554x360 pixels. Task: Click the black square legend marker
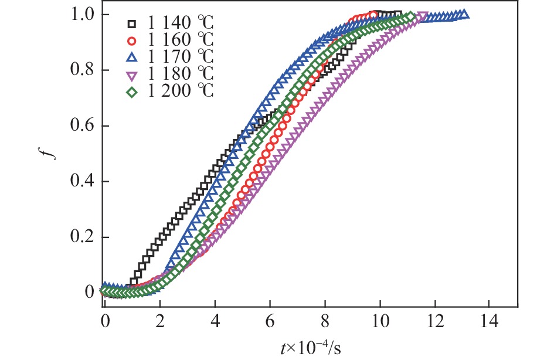click(x=132, y=24)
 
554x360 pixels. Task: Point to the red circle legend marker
click(x=132, y=41)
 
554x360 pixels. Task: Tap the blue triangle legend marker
click(x=132, y=57)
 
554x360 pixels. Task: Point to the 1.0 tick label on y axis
click(x=82, y=14)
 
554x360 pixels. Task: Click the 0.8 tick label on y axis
click(x=82, y=70)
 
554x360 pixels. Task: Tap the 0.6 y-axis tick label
click(x=82, y=125)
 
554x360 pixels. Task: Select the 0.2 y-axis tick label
click(x=82, y=237)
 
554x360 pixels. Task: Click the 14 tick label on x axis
click(x=490, y=322)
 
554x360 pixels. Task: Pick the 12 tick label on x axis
click(x=435, y=322)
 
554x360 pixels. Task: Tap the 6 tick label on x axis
click(x=270, y=322)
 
